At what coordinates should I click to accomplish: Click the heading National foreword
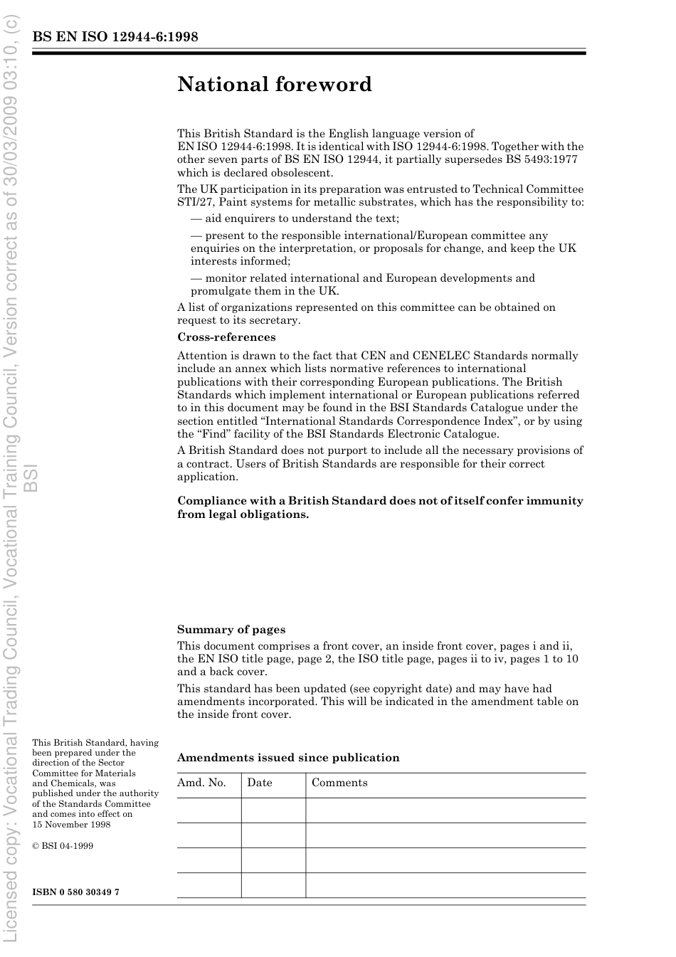point(275,85)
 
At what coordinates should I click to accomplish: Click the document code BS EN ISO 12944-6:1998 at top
point(115,37)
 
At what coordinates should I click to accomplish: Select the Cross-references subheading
point(226,337)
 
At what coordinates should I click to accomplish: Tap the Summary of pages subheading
point(231,630)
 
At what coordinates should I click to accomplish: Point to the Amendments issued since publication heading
point(288,758)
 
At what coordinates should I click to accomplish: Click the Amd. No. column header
point(201,783)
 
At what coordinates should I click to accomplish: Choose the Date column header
point(260,783)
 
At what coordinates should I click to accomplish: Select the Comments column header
point(339,783)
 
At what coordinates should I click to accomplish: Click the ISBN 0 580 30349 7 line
point(76,892)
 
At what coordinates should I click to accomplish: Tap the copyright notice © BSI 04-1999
point(63,846)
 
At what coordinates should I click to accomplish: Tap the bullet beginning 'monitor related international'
point(363,278)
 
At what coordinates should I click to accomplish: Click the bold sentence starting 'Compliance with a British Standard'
point(380,507)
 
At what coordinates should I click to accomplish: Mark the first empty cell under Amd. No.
point(208,810)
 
